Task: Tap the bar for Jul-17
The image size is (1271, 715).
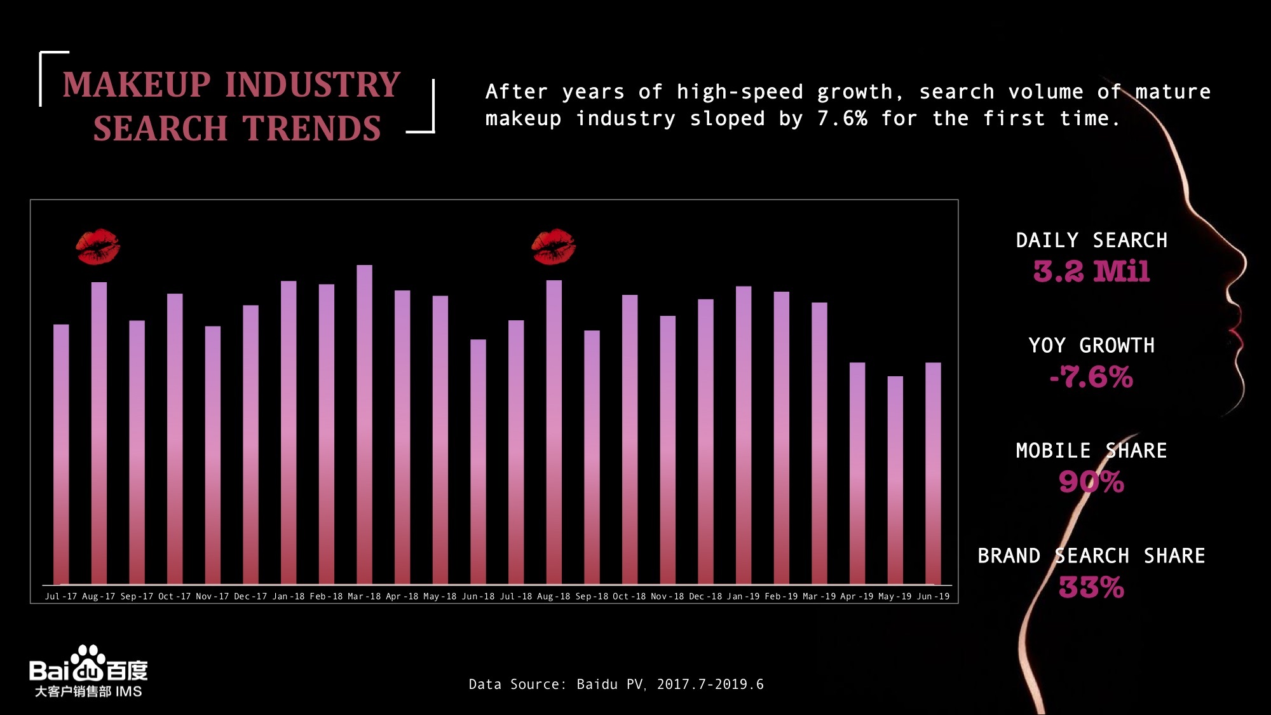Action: (61, 454)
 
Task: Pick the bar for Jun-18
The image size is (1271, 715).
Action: (478, 461)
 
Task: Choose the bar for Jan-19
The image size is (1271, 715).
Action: (744, 435)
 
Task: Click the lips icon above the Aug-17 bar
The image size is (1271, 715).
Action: (98, 247)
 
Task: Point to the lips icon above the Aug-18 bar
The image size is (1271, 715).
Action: (554, 247)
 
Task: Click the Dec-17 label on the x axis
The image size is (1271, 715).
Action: (250, 596)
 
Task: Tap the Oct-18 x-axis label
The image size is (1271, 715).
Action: (629, 596)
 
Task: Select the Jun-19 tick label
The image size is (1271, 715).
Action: (933, 596)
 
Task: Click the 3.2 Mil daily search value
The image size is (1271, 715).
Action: (1091, 271)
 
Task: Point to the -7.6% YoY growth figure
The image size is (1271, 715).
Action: (1091, 377)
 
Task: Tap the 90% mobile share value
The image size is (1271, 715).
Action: (1091, 482)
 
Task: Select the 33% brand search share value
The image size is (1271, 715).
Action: (1091, 587)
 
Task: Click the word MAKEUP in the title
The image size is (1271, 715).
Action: (137, 85)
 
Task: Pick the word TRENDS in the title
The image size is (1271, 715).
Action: (311, 129)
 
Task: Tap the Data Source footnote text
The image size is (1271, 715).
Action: (616, 684)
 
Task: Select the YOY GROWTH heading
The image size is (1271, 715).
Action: (1091, 346)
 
